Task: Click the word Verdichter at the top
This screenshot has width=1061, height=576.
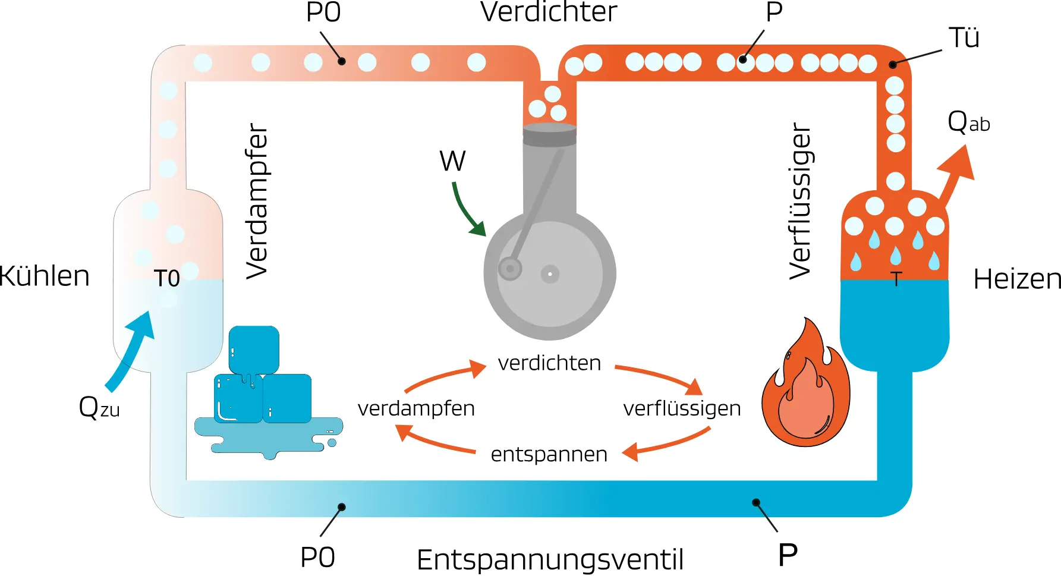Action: pyautogui.click(x=549, y=12)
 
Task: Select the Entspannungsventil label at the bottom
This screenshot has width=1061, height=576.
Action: pyautogui.click(x=550, y=559)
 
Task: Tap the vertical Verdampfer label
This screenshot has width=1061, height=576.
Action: pyautogui.click(x=257, y=201)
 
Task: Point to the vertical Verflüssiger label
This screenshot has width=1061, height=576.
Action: pyautogui.click(x=800, y=201)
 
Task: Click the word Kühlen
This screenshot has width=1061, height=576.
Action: pyautogui.click(x=45, y=276)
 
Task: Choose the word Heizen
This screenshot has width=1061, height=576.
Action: pyautogui.click(x=1017, y=279)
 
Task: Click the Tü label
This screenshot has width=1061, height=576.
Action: pyautogui.click(x=964, y=38)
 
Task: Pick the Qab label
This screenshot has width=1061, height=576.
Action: pyautogui.click(x=968, y=122)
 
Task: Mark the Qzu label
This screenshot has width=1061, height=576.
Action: pyautogui.click(x=99, y=408)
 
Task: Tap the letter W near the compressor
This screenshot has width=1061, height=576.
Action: pyautogui.click(x=452, y=160)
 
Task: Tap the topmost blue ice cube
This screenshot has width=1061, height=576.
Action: pyautogui.click(x=254, y=350)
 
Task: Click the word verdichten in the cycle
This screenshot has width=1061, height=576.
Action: pyautogui.click(x=549, y=363)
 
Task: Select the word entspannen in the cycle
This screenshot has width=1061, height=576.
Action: pyautogui.click(x=549, y=454)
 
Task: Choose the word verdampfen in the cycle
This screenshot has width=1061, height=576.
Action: pyautogui.click(x=416, y=408)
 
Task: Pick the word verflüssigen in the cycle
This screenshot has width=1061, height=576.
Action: pyautogui.click(x=682, y=408)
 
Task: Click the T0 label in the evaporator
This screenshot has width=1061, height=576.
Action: pyautogui.click(x=167, y=278)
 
